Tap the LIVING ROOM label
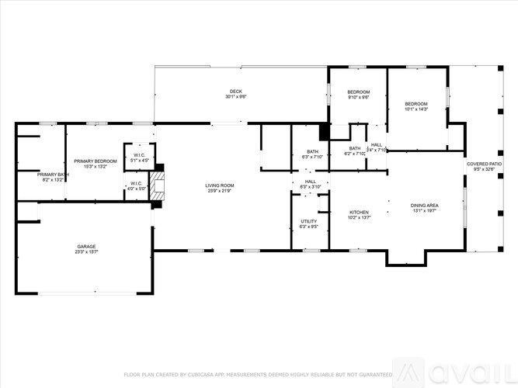[x=220, y=185]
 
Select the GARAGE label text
[x=86, y=247]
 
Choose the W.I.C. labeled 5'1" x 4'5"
[x=140, y=155]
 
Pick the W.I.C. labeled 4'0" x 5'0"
[x=137, y=184]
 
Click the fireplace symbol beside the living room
[x=157, y=187]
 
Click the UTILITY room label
[x=308, y=221]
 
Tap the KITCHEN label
[x=358, y=212]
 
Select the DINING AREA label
[x=424, y=205]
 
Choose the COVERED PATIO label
[x=484, y=164]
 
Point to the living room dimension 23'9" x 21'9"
[x=220, y=190]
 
